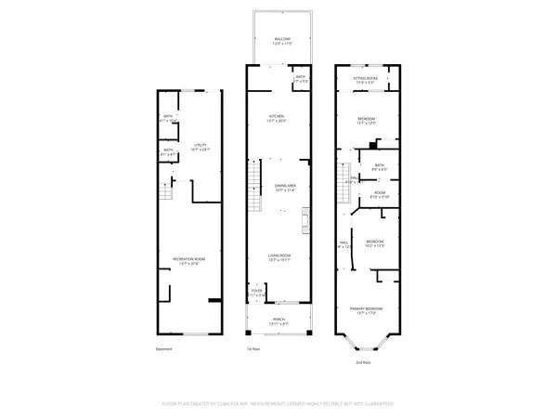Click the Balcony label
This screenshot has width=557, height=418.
click(x=281, y=40)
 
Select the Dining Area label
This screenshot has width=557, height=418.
click(x=284, y=188)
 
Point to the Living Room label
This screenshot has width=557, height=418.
click(x=280, y=258)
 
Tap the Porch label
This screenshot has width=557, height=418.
click(x=278, y=320)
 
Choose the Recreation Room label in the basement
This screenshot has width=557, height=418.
click(x=188, y=260)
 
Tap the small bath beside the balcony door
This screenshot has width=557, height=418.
click(x=301, y=80)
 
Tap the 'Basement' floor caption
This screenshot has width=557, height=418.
click(x=164, y=349)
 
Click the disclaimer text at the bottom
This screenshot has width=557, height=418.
click(x=278, y=406)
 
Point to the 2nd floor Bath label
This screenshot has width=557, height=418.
click(x=380, y=168)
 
